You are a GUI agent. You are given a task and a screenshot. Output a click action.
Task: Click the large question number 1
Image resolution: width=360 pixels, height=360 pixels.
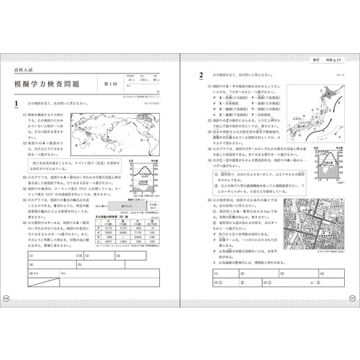pos(17,105)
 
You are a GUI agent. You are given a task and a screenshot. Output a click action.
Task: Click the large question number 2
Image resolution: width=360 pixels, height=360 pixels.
pos(202,75)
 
